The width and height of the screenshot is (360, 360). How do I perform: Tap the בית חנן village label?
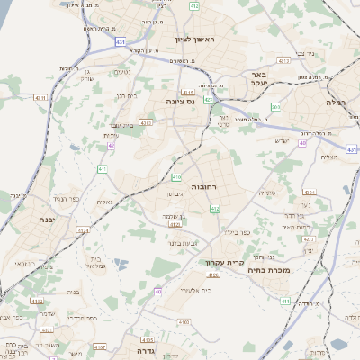(x=126, y=95)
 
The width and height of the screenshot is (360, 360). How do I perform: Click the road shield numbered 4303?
(x=145, y=121)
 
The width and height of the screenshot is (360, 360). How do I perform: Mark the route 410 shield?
(x=176, y=177)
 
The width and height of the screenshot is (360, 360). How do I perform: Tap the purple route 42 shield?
(x=111, y=145)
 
